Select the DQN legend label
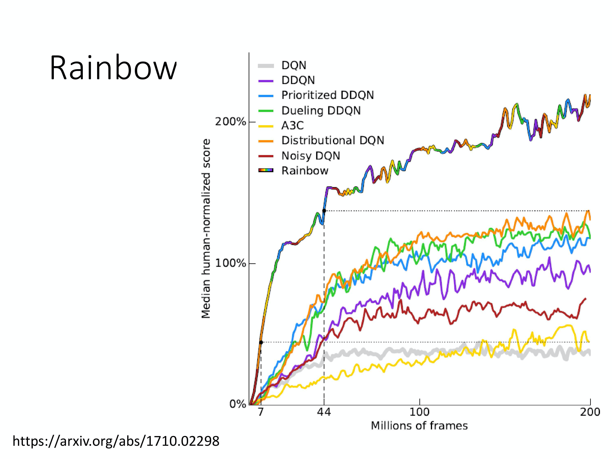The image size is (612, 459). click(x=294, y=65)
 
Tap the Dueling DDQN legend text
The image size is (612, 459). click(x=321, y=111)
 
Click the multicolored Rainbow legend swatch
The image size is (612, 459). click(x=266, y=170)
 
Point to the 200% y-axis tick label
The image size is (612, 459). click(x=230, y=122)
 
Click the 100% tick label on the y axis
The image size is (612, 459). click(x=230, y=263)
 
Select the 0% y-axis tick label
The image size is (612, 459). click(x=237, y=404)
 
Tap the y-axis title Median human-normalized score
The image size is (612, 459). click(x=206, y=228)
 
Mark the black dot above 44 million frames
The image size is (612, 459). click(x=324, y=211)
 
